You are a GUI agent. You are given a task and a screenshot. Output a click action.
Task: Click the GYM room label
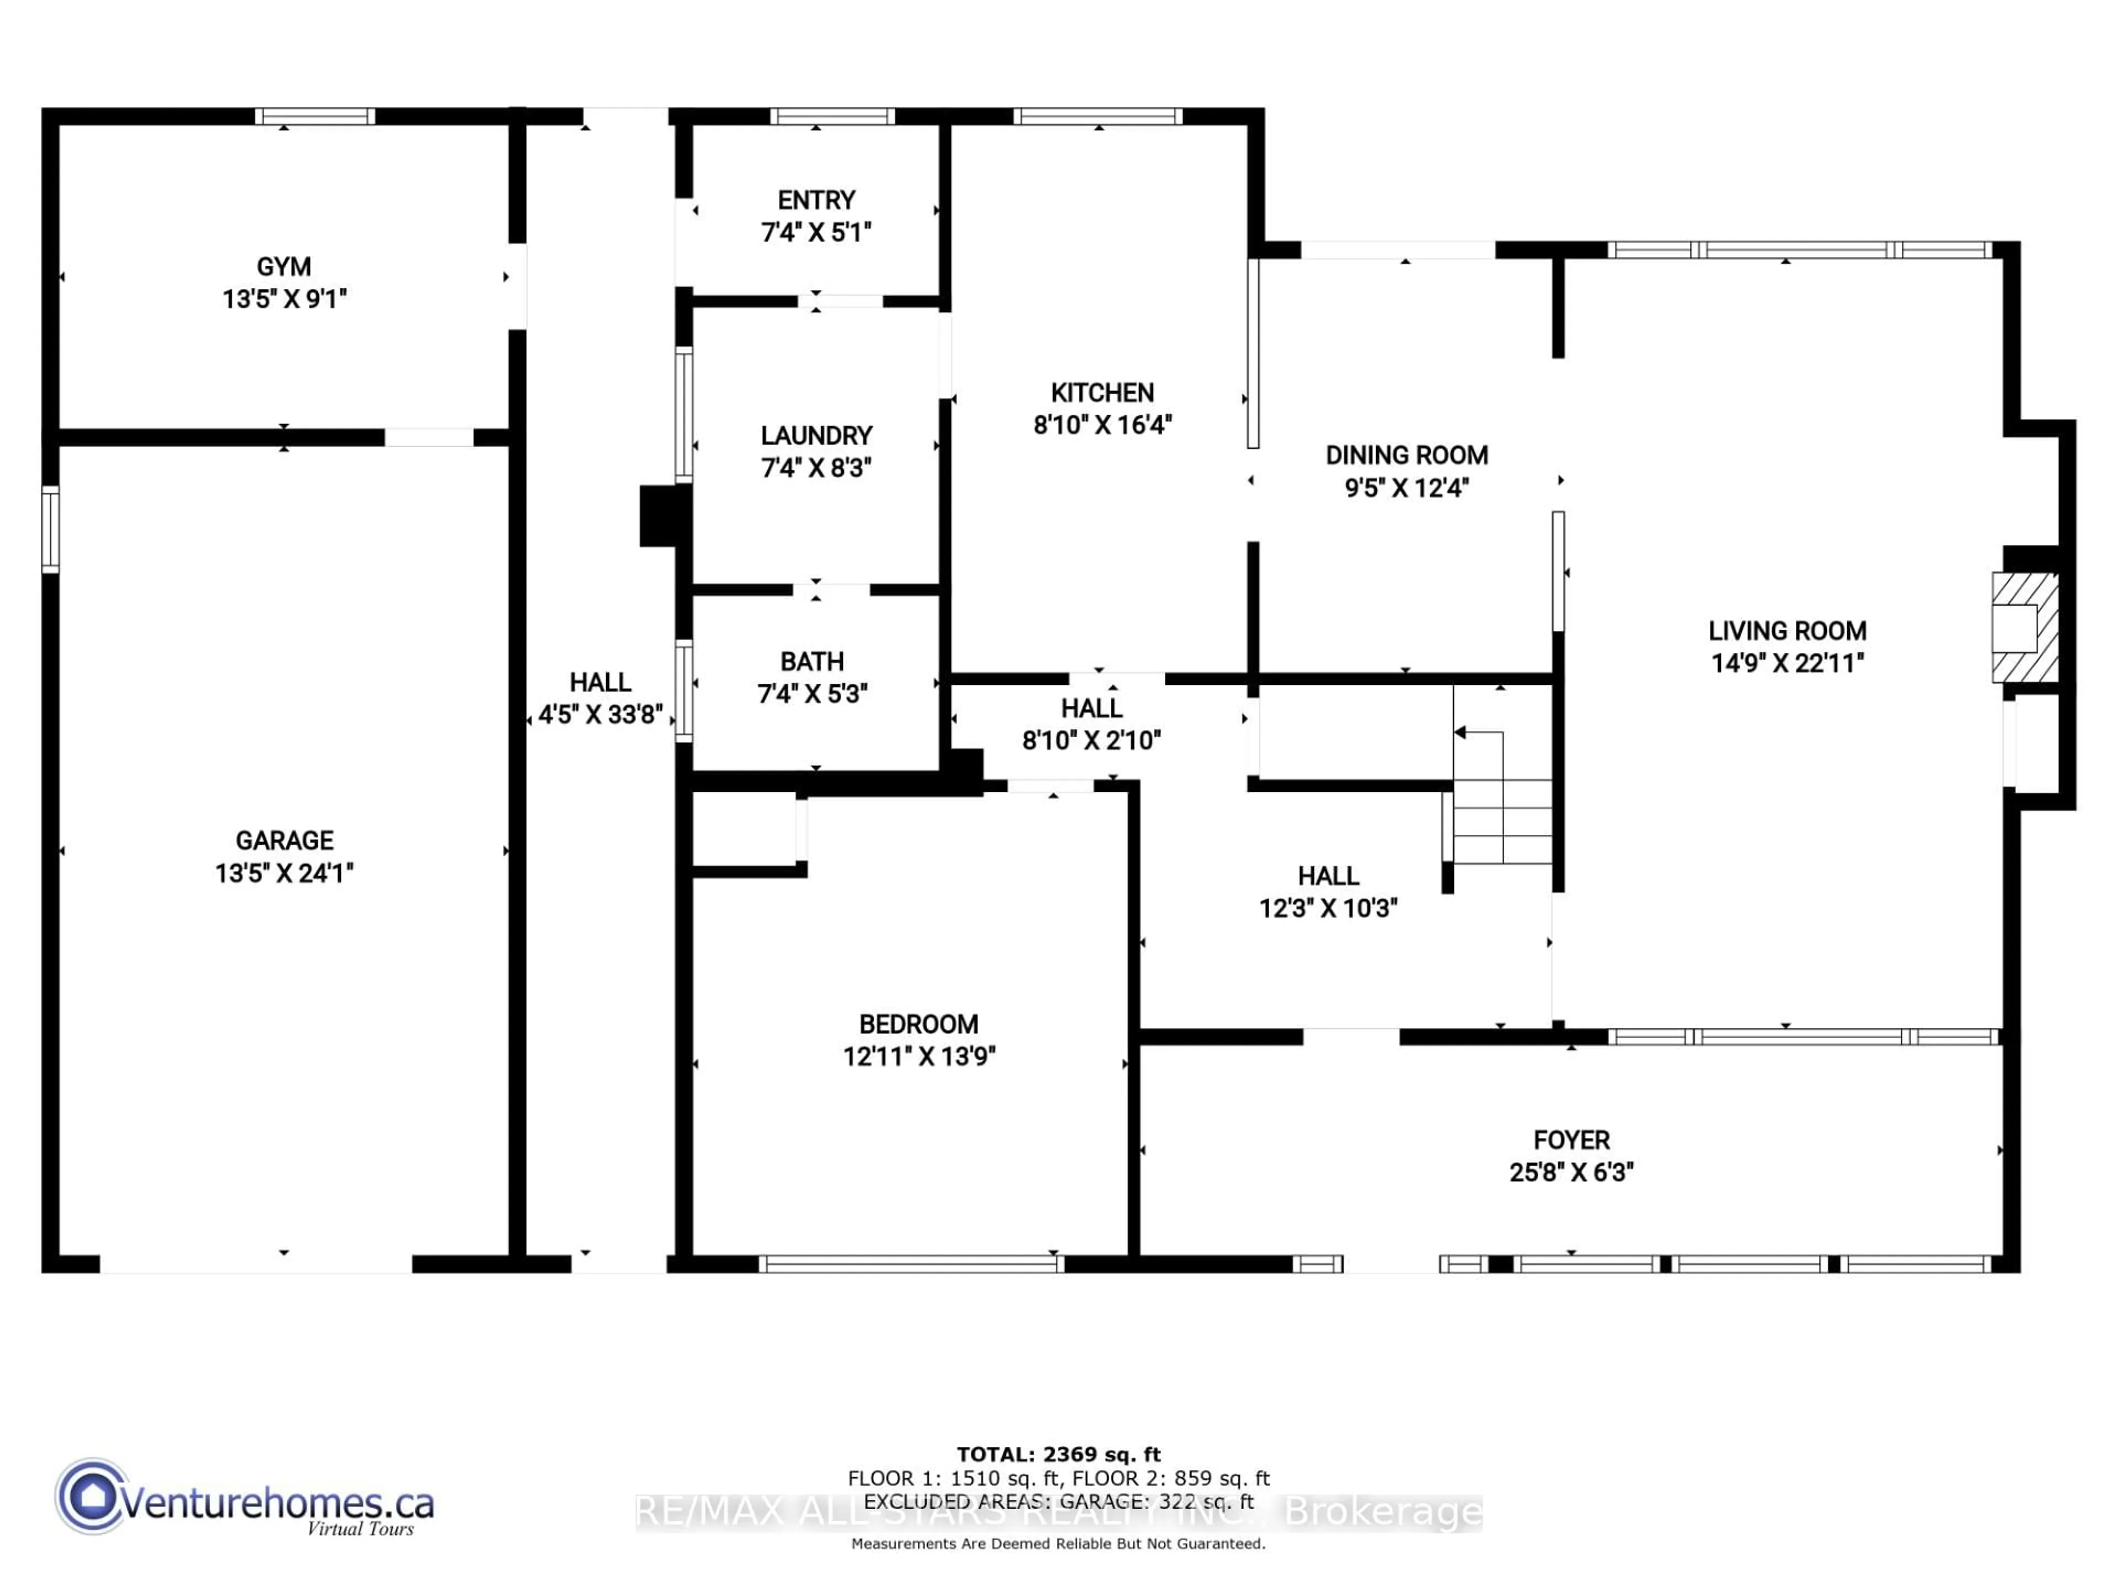pyautogui.click(x=284, y=267)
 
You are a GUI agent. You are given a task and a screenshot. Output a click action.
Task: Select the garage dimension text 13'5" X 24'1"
pyautogui.click(x=285, y=873)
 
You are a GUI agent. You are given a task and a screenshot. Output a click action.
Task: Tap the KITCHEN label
pyautogui.click(x=1102, y=393)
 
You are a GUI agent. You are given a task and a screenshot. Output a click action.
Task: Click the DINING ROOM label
pyautogui.click(x=1405, y=455)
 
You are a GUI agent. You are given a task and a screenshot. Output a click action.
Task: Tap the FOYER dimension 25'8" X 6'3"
pyautogui.click(x=1571, y=1173)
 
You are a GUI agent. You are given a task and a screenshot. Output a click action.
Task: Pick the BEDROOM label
pyautogui.click(x=918, y=1024)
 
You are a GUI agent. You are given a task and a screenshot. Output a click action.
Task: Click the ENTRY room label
pyautogui.click(x=816, y=200)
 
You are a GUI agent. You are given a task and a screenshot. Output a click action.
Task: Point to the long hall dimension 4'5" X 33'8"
pyautogui.click(x=600, y=715)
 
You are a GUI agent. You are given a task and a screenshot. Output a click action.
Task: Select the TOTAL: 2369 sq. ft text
pyautogui.click(x=1058, y=1455)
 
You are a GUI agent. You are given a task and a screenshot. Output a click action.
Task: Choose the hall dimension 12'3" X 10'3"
pyautogui.click(x=1328, y=908)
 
